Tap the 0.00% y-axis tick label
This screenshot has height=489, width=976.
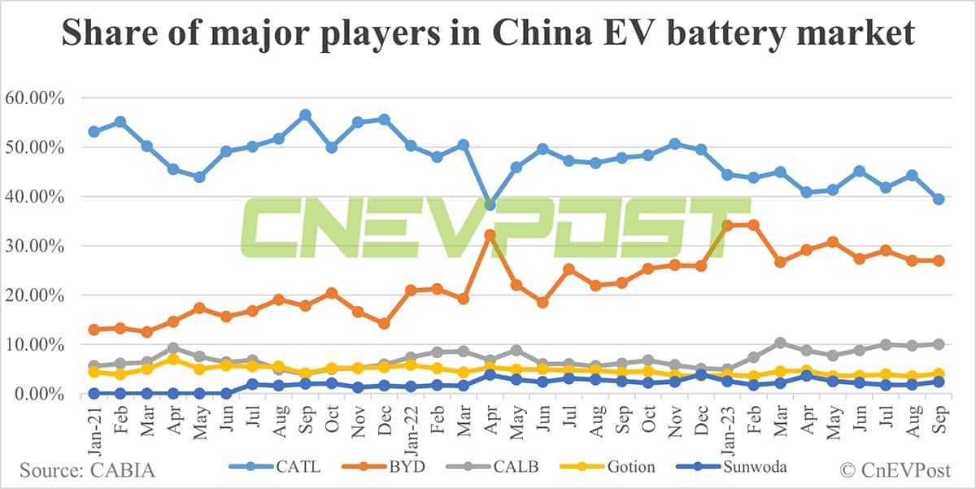tap(44, 394)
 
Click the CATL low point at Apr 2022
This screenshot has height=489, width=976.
tap(490, 204)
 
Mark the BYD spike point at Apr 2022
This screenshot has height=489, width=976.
tap(490, 235)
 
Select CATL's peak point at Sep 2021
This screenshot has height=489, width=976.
tap(305, 116)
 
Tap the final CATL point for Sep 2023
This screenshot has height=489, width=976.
tap(938, 199)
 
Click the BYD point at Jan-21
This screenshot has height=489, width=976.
tap(94, 330)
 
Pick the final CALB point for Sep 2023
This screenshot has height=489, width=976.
tap(938, 344)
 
